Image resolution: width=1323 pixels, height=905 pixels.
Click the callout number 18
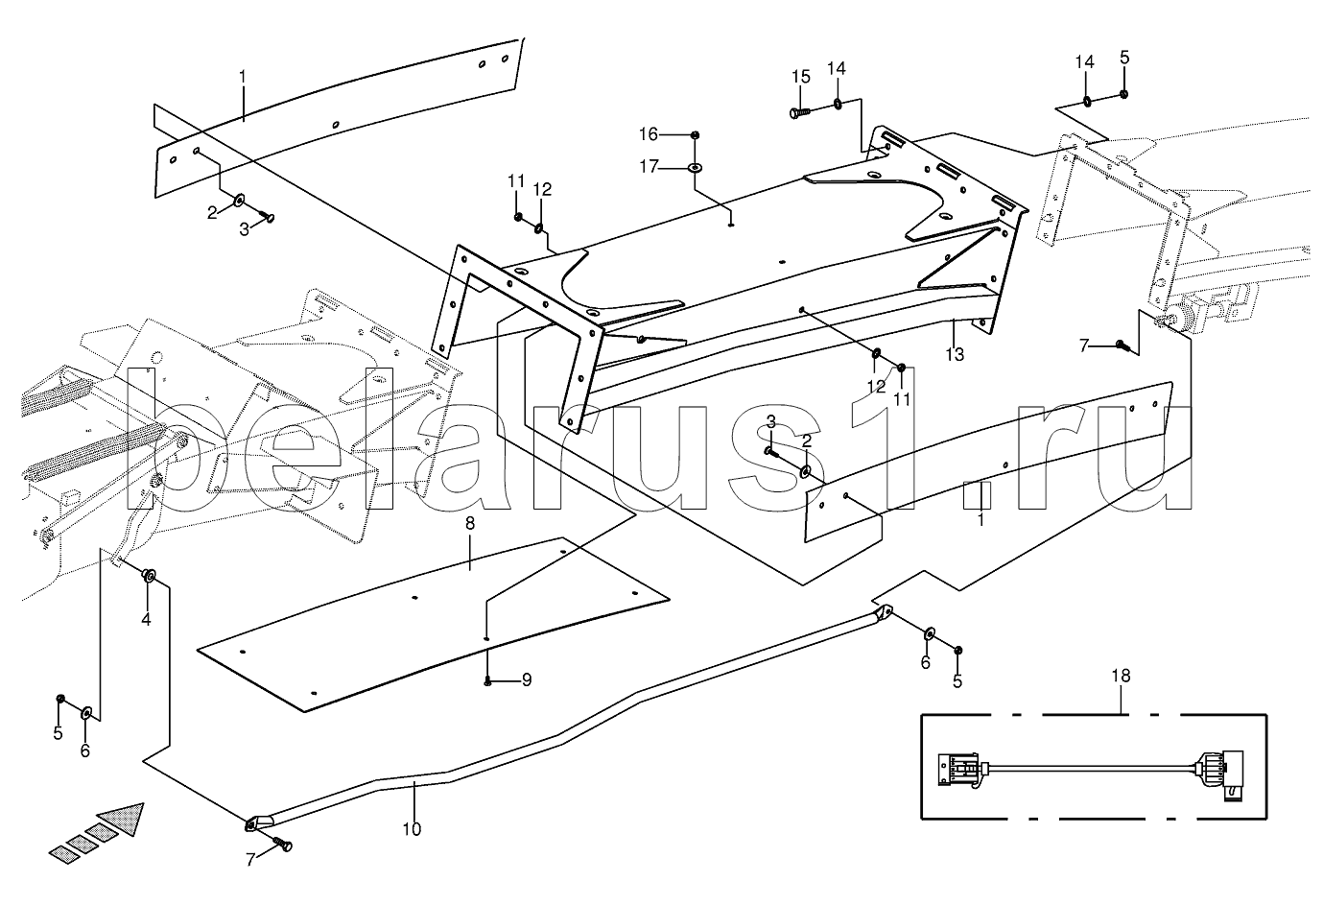(x=1121, y=676)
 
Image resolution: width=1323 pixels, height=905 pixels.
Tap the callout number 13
(x=955, y=354)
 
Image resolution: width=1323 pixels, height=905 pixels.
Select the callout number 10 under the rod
(x=413, y=829)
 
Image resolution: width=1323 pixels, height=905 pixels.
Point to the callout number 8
(x=470, y=523)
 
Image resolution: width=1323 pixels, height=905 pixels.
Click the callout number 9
(x=527, y=680)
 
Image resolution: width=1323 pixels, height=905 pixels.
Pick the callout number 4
(x=146, y=619)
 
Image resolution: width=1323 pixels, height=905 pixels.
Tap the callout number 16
(x=649, y=135)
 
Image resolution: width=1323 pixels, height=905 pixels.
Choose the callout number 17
(x=649, y=167)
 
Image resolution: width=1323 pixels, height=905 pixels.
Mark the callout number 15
(x=801, y=78)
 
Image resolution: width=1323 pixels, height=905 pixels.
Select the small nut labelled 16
(x=696, y=135)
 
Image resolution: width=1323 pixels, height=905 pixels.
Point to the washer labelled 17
(x=696, y=168)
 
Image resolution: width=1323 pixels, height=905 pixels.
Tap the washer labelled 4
(x=149, y=575)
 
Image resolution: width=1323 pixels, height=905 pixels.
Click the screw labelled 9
(x=488, y=681)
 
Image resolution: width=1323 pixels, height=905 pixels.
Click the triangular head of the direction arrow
(x=123, y=818)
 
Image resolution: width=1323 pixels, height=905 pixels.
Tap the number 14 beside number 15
(x=837, y=69)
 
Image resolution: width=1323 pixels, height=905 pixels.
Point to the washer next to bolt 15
(x=838, y=105)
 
